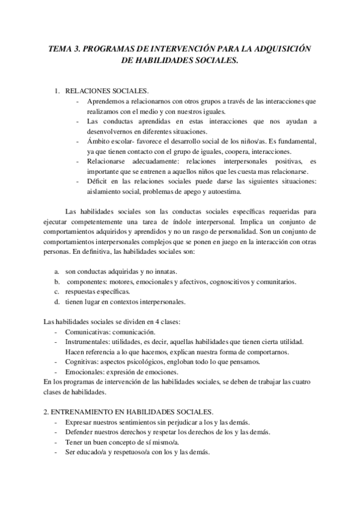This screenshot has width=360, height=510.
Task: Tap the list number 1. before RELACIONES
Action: point(58,91)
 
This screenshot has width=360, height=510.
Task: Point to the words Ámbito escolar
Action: point(108,141)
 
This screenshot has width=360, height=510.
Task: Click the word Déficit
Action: point(97,182)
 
